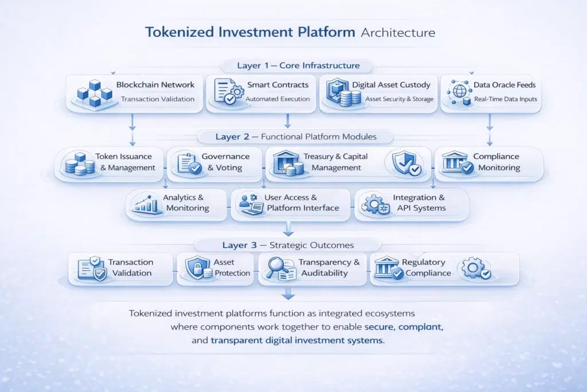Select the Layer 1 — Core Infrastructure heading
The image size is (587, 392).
[x=298, y=65]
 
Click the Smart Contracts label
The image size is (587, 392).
[x=277, y=85]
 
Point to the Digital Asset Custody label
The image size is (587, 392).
[x=391, y=85]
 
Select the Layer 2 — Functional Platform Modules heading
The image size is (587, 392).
[x=296, y=137]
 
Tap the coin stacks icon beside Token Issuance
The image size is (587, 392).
[x=80, y=164]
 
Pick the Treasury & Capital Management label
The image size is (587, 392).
[x=336, y=162]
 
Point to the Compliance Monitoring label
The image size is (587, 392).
[x=496, y=162]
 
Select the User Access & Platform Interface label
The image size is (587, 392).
[x=302, y=203]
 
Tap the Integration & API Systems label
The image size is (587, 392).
[x=419, y=203]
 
